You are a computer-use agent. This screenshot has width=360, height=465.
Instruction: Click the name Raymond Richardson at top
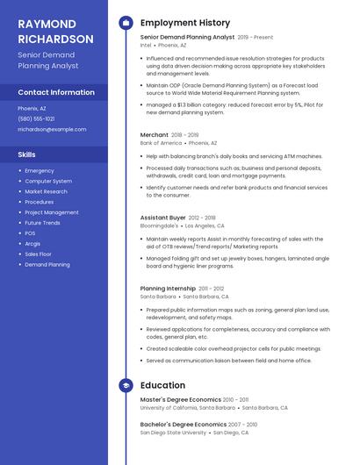point(55,32)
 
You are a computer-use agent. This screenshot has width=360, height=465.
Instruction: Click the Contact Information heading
point(56,92)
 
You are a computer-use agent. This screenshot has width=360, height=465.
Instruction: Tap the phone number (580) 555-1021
point(36,118)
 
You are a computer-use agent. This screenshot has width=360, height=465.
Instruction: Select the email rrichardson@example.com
point(52,129)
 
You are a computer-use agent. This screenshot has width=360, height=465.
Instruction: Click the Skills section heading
point(26,154)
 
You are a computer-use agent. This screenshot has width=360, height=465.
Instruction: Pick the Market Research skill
point(46,191)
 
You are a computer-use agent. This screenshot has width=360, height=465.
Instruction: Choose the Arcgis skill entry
point(32,243)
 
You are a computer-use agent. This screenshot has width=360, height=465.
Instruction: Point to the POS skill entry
point(30,233)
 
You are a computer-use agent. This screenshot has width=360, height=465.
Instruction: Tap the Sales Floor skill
point(38,254)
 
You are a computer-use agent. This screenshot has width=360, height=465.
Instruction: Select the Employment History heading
point(184,23)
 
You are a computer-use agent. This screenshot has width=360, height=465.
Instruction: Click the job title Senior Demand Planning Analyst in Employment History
point(187,38)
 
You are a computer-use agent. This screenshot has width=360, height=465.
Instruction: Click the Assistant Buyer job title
point(162,218)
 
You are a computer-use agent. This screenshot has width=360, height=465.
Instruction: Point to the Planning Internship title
point(168,289)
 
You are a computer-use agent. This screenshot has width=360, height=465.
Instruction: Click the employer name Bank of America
point(161,143)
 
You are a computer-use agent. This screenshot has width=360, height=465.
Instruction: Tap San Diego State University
point(173,433)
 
